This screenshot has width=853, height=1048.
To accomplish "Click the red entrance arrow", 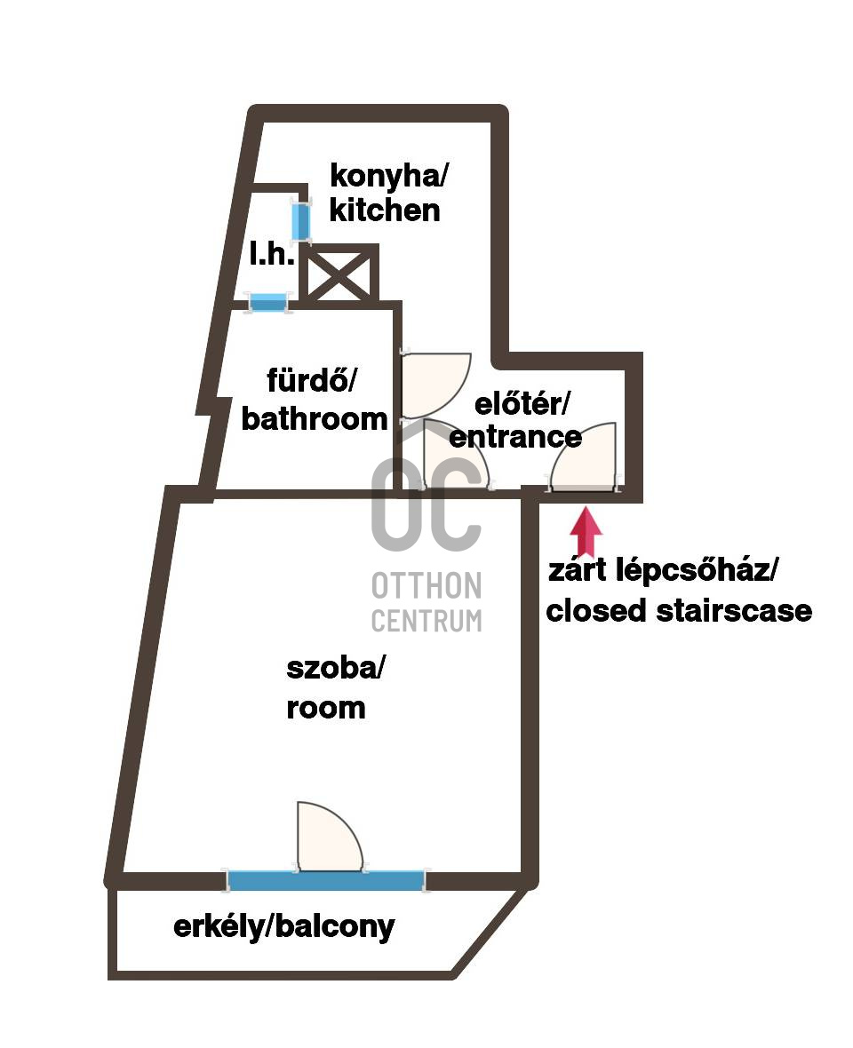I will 586,531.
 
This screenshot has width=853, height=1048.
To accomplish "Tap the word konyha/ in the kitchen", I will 389,175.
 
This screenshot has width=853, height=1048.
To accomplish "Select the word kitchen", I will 384,210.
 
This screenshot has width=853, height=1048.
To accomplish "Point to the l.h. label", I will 271,256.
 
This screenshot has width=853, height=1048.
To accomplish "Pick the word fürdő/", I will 311,382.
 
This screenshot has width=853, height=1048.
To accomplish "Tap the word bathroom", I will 315,418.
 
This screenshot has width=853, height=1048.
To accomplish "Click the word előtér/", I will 521,404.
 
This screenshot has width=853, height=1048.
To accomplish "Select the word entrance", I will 516,436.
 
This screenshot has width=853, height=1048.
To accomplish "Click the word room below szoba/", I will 326,708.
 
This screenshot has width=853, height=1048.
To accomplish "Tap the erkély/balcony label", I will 283,927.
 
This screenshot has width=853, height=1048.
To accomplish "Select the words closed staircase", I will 679,611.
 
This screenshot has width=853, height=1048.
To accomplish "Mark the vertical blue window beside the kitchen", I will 301,221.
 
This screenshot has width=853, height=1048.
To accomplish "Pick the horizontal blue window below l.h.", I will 267,302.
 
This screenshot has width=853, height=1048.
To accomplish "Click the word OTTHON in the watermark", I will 426,586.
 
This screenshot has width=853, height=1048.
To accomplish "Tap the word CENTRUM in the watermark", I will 426,620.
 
